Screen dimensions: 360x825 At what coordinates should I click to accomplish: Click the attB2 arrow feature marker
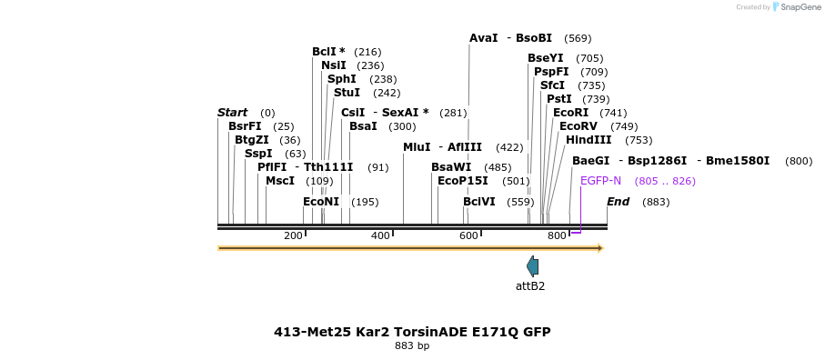532,266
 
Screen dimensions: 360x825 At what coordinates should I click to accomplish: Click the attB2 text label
530,286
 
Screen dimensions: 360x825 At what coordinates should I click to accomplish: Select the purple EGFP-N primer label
600,181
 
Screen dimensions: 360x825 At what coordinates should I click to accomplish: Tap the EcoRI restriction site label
570,112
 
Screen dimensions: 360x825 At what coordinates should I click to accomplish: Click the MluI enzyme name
417,147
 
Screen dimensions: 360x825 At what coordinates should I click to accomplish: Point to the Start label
232,113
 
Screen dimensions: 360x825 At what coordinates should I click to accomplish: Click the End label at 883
618,202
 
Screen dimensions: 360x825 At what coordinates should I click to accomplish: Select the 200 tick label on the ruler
293,236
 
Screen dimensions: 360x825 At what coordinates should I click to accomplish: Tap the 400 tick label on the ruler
380,236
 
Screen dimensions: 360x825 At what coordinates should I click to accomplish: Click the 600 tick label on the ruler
468,236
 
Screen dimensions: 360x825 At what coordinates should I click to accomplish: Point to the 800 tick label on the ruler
557,236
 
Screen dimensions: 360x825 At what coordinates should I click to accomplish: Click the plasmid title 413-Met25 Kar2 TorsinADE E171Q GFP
412,332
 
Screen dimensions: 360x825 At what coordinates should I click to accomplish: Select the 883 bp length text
412,346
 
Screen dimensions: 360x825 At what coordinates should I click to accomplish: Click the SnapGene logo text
798,7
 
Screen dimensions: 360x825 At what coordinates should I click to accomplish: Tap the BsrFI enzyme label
245,126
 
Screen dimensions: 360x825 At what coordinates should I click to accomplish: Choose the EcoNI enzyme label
321,202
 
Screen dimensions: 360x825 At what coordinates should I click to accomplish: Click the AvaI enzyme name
483,38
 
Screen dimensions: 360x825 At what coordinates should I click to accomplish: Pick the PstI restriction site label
558,98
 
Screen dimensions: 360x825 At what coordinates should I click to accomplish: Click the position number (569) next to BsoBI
578,38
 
